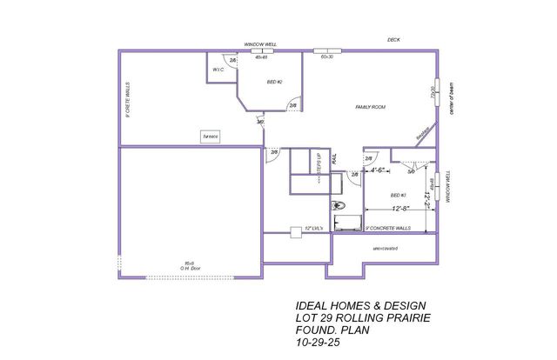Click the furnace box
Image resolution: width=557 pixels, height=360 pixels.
click(211, 137)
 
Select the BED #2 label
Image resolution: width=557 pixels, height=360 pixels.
click(273, 82)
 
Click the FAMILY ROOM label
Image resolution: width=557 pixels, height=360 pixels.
click(370, 107)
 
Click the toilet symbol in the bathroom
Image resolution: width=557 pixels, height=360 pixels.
click(339, 205)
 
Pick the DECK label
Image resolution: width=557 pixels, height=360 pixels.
click(394, 40)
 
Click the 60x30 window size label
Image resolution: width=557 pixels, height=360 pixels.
click(327, 57)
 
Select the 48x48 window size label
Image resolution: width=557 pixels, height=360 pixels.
click(260, 57)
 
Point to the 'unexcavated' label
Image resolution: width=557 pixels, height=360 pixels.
click(385, 248)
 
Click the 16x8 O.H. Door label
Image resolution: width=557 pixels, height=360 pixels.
click(186, 265)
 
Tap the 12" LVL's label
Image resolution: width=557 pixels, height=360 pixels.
click(313, 229)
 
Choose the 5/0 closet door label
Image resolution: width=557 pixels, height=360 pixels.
click(411, 171)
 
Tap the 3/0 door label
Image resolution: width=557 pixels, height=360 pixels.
click(260, 122)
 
